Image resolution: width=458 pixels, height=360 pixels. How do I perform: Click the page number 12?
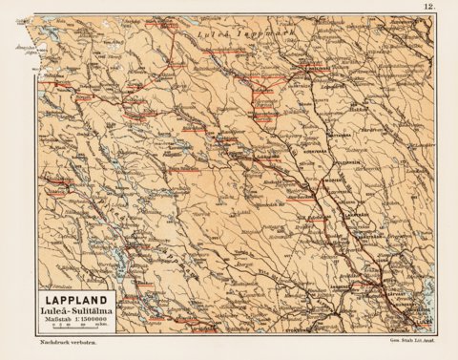429,8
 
